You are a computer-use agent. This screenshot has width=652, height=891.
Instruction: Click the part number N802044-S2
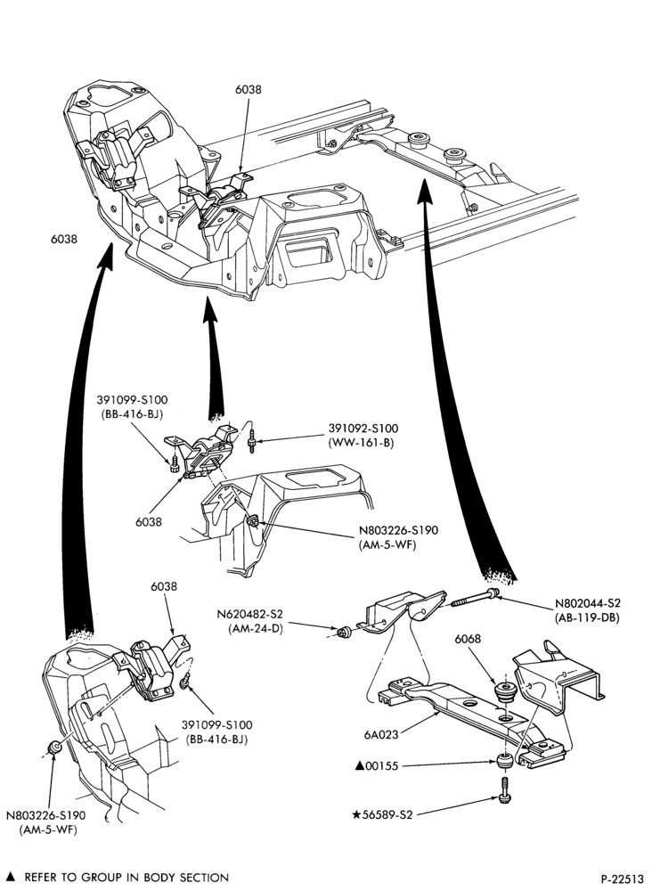(x=587, y=604)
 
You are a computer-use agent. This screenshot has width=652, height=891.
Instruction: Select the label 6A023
(x=381, y=734)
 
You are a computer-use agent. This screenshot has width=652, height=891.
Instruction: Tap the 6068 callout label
(x=468, y=639)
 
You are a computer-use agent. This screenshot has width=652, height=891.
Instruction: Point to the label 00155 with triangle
(x=377, y=766)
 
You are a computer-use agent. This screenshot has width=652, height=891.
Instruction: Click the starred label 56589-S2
(x=382, y=815)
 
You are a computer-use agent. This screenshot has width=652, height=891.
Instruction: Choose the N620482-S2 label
(x=249, y=615)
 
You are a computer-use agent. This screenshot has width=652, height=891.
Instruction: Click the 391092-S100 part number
(x=363, y=429)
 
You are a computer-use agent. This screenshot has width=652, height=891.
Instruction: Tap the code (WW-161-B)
(x=361, y=442)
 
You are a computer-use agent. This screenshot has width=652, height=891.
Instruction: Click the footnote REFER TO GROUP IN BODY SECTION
(x=126, y=878)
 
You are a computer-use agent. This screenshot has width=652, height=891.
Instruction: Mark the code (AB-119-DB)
(x=587, y=617)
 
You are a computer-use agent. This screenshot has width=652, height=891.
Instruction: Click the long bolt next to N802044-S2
(x=476, y=598)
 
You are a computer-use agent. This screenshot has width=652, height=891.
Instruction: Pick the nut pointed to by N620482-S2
(x=344, y=632)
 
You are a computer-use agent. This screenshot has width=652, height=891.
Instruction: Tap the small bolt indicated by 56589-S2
(x=503, y=789)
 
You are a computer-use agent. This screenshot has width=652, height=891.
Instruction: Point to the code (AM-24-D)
(x=255, y=628)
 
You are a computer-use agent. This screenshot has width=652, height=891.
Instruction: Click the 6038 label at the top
(x=249, y=90)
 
